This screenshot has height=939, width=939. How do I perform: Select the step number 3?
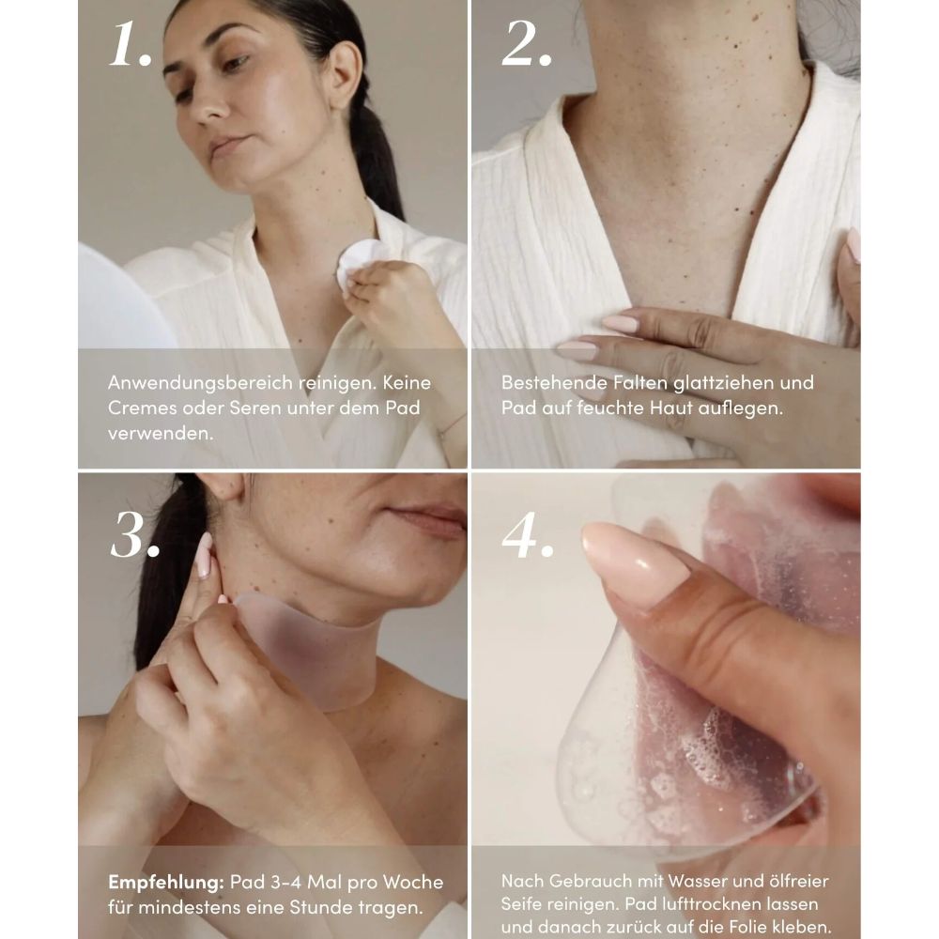coord(134,535)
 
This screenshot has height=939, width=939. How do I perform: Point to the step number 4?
coord(527,535)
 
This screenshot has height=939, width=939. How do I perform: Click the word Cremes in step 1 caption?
coord(142,408)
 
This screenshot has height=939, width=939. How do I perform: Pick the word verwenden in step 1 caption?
coord(160,434)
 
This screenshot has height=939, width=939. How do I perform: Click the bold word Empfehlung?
coord(166,883)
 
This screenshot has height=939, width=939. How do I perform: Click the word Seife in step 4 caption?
coord(521,903)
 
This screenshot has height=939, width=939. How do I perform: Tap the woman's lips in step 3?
coord(428,518)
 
